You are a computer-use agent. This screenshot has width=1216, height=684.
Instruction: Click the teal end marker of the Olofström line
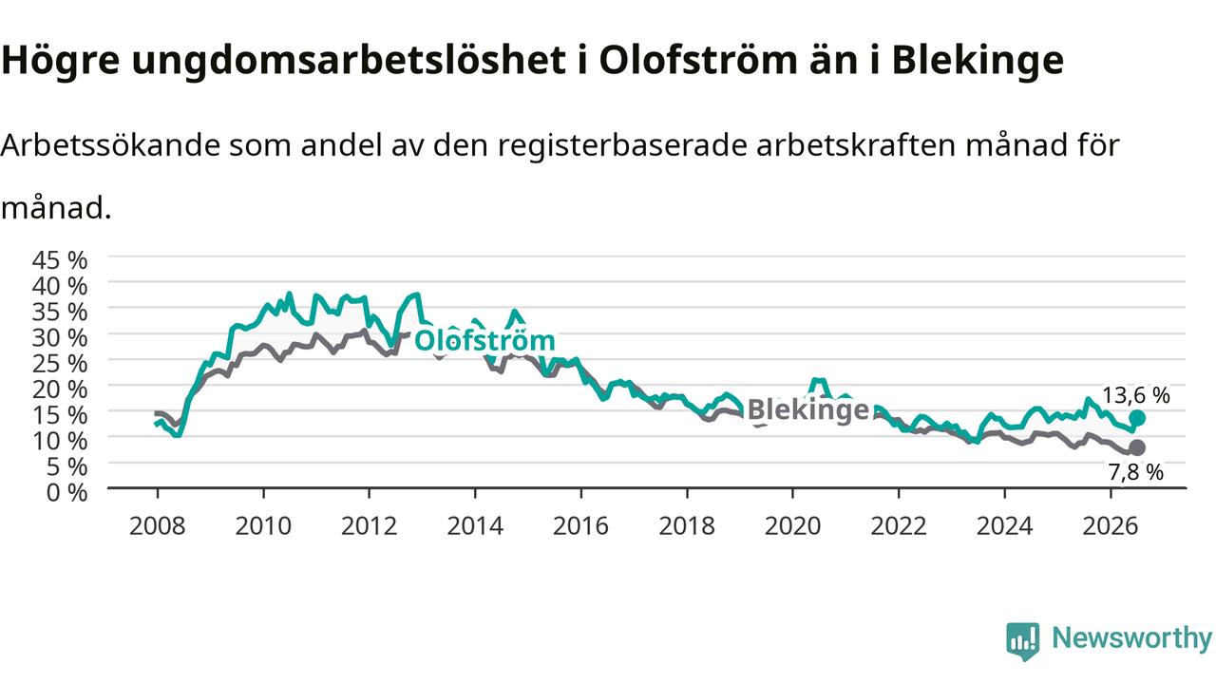pos(1137,418)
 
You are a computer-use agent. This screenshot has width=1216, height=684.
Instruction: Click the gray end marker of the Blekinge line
pos(1137,447)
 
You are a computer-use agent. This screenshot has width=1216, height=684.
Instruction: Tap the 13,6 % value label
pos(1135,395)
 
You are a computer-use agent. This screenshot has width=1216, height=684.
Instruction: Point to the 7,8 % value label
pos(1135,472)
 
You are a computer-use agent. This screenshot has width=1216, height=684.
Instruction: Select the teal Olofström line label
pos(484,341)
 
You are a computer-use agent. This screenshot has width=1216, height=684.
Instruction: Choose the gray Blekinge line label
pos(808,409)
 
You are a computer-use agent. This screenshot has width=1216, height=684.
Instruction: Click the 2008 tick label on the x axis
pos(157,526)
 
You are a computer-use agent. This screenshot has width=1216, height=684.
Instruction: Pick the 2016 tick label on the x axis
pos(580,526)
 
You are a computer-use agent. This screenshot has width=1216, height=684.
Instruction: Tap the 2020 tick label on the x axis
pos(792,526)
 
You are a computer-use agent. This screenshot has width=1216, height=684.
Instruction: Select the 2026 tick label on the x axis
pos(1111,526)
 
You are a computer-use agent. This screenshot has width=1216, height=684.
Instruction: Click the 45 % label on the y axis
pos(60,260)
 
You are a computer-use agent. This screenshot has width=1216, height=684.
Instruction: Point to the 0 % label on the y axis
pos(66,493)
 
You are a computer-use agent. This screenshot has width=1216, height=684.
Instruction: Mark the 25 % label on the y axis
pos(60,364)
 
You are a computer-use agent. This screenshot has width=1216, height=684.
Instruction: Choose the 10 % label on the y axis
pos(60,442)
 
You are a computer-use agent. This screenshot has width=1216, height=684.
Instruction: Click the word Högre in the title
pos(60,61)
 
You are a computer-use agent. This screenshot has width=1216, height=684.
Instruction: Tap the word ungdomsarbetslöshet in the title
pos(349,60)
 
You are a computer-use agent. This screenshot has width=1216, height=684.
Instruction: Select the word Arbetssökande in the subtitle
pos(111,145)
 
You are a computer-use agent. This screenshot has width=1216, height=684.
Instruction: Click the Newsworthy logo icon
pos(1023,641)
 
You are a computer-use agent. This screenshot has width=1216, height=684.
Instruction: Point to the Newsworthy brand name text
pos(1131,637)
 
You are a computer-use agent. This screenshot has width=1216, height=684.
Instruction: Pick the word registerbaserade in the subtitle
pos(622,146)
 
